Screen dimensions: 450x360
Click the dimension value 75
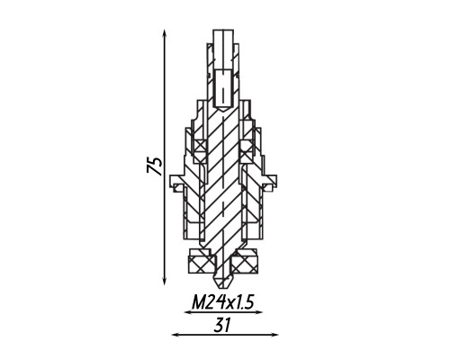pos(155,166)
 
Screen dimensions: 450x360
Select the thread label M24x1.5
pos(223,302)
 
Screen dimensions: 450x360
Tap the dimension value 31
pos(222,325)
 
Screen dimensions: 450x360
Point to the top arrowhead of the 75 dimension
pos(164,33)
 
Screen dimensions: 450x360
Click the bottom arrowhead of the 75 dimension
pos(164,282)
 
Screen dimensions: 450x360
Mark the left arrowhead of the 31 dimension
pos(175,335)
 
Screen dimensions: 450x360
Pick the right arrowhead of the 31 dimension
pos(274,335)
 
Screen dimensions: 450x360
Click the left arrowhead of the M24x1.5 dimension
pos(188,312)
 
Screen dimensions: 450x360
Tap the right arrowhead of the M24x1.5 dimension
pos(258,312)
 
